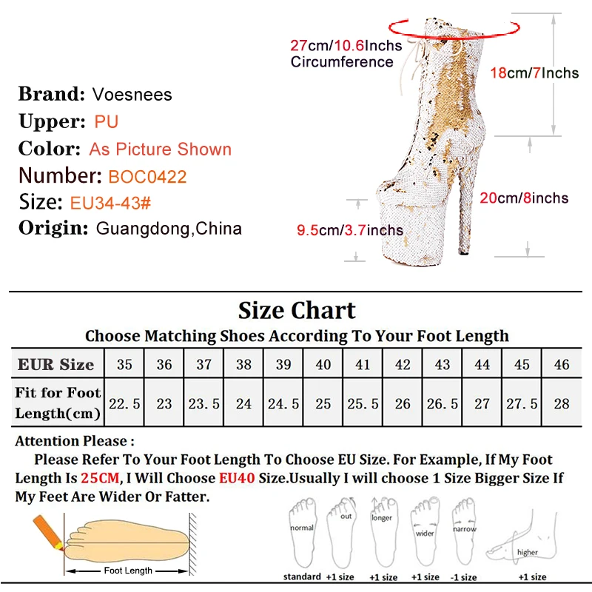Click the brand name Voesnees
[x=132, y=94]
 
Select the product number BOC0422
[x=147, y=177]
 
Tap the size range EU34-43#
[x=110, y=203]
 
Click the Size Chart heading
[x=297, y=310]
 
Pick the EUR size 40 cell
[x=323, y=364]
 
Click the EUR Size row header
[x=56, y=364]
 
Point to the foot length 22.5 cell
[x=124, y=404]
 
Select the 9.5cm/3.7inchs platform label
[x=350, y=230]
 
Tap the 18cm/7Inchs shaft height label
[x=534, y=73]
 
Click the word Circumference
[x=342, y=62]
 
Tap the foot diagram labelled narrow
[x=464, y=529]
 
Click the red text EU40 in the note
[x=237, y=478]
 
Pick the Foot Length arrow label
[x=128, y=571]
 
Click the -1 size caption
[x=465, y=576]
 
